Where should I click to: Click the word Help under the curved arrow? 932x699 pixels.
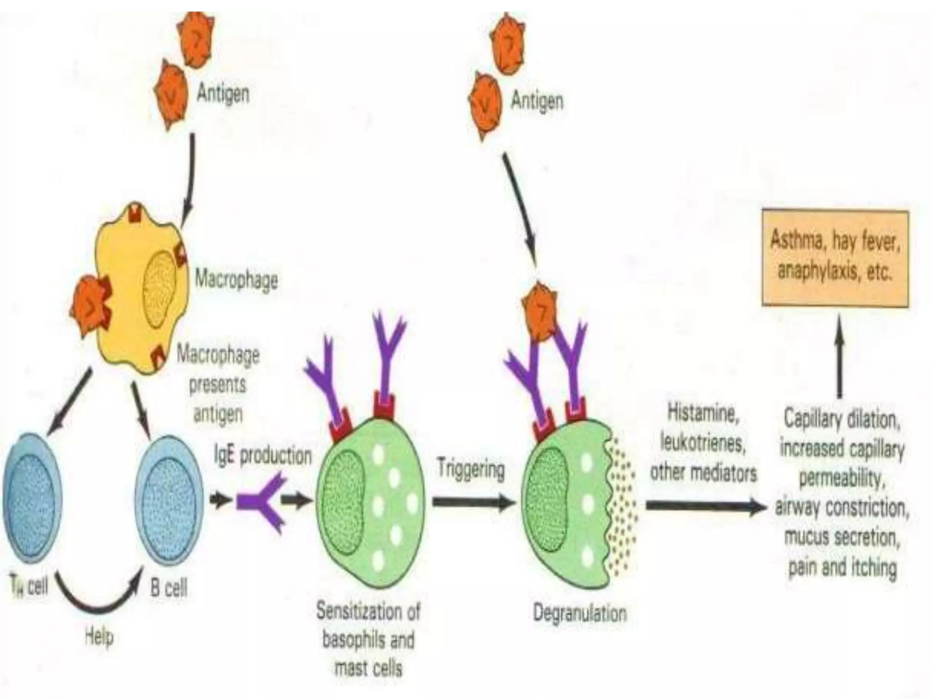99,637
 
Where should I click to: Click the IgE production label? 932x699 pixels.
263,456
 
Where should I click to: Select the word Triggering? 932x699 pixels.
471,469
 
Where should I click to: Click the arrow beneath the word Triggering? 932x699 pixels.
473,502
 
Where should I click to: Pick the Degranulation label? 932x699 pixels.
579,613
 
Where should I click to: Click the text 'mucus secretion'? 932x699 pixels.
842,537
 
